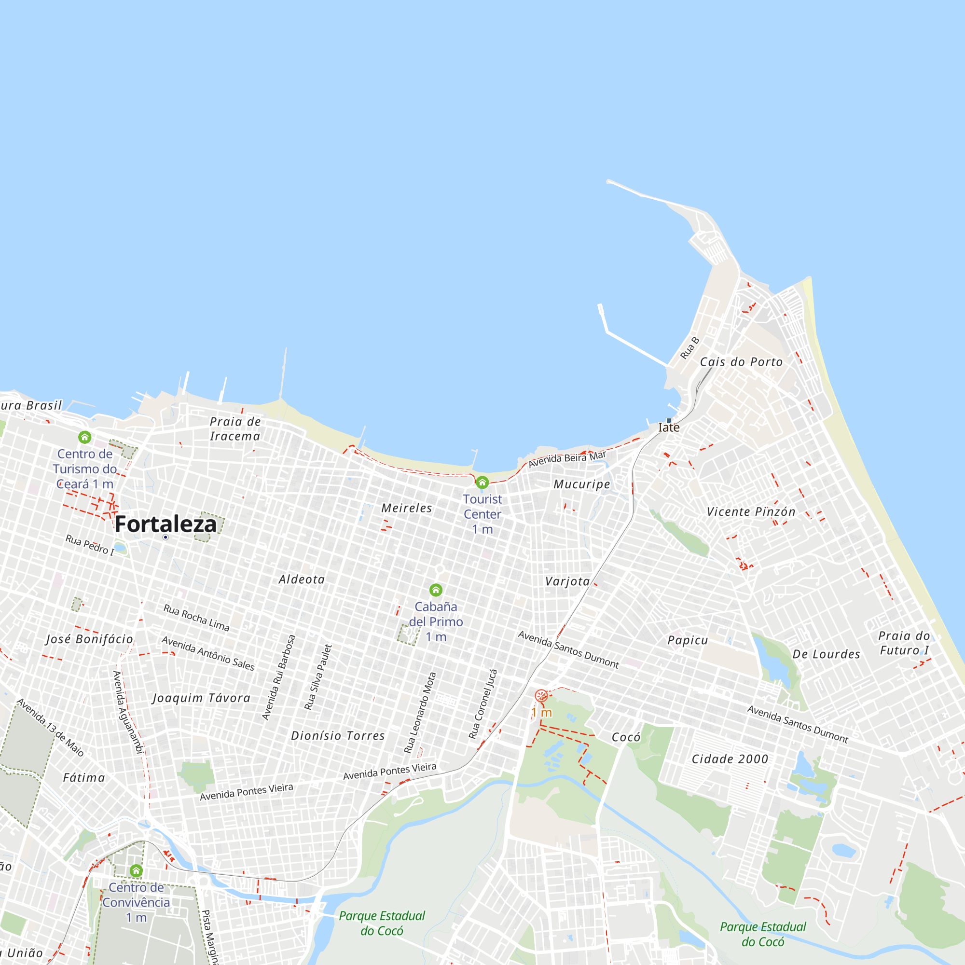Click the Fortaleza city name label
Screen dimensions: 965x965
click(166, 524)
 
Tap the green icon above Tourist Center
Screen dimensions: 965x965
click(482, 482)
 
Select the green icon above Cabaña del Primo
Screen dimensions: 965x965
click(436, 591)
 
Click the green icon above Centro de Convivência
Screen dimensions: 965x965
click(136, 871)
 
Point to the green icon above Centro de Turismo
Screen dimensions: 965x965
click(85, 438)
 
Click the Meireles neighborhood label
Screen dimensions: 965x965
click(407, 508)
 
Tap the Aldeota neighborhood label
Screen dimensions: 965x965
click(302, 579)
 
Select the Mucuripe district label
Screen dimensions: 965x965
click(582, 484)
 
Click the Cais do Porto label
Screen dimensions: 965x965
click(741, 362)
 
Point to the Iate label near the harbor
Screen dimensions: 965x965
click(669, 427)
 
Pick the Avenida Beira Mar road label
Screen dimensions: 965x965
click(567, 459)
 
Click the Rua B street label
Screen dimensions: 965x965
click(689, 348)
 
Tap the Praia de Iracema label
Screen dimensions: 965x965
click(235, 428)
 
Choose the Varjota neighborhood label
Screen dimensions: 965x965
click(567, 581)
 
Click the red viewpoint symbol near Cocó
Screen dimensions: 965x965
click(541, 696)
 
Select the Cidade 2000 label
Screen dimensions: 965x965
click(730, 759)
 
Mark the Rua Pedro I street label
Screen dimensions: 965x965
click(90, 545)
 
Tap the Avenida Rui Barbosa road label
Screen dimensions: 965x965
click(279, 677)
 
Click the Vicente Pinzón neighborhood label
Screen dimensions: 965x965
click(751, 512)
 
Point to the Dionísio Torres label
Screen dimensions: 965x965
click(338, 736)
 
